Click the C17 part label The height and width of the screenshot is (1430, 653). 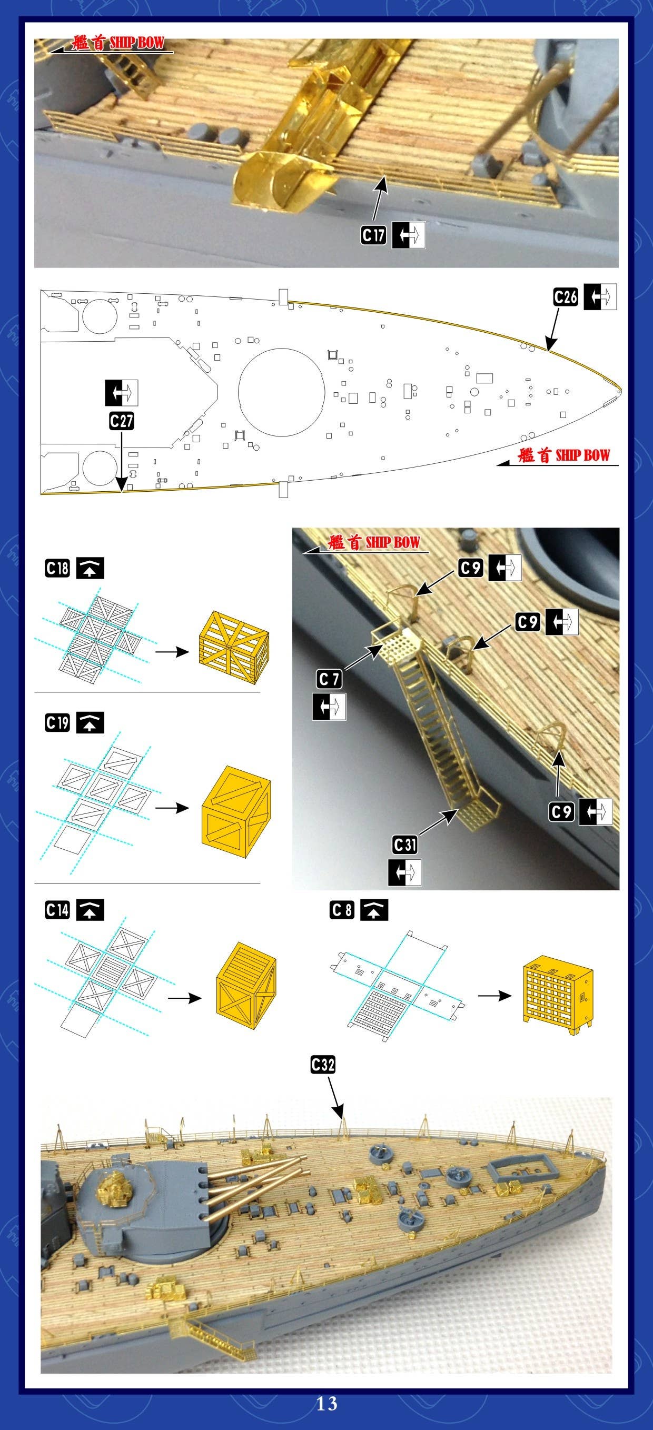click(373, 235)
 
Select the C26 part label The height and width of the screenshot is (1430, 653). click(566, 297)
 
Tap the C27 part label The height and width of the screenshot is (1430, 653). click(121, 421)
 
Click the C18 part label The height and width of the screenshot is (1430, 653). click(57, 569)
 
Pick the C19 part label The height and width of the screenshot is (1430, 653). click(57, 722)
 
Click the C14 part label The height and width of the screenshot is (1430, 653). click(57, 910)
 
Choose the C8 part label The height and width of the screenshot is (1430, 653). click(341, 910)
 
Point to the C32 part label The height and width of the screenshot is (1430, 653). click(323, 1064)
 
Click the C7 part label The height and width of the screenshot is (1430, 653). click(329, 678)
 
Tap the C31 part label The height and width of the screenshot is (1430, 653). click(404, 845)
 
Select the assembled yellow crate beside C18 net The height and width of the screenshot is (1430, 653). click(234, 647)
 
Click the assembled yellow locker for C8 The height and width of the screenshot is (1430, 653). click(558, 997)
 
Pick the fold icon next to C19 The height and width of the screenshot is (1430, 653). click(90, 722)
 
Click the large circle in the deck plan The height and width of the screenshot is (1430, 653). click(282, 392)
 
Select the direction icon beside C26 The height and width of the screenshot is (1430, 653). click(600, 297)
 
